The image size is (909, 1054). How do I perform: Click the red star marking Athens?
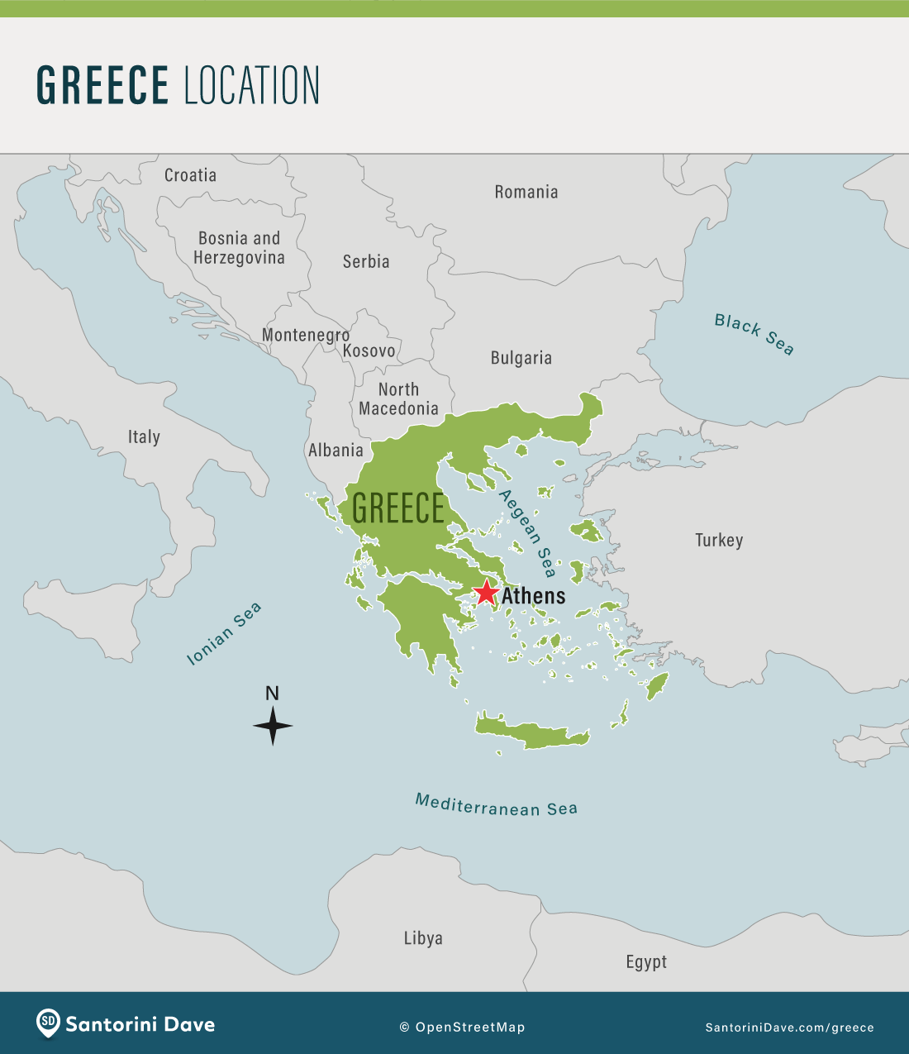(x=486, y=592)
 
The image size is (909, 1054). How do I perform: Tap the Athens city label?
(x=534, y=596)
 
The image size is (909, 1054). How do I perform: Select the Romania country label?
(x=526, y=192)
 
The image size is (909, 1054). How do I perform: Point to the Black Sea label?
(x=754, y=334)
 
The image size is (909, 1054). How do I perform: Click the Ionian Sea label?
(x=224, y=633)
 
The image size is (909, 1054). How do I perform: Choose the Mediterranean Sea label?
(x=496, y=805)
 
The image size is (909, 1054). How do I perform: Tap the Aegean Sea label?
(x=527, y=533)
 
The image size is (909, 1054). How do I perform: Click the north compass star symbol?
(x=273, y=726)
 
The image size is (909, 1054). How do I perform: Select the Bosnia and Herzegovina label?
(x=239, y=248)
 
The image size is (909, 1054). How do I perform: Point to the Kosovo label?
(x=369, y=351)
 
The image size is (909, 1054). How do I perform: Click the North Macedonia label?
(x=398, y=398)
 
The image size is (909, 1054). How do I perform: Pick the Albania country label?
(x=336, y=451)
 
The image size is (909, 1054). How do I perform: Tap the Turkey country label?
(x=719, y=540)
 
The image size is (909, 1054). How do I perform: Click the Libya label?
(x=423, y=938)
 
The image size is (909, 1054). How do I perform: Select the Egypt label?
(x=646, y=961)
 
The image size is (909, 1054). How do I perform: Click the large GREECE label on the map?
(x=398, y=508)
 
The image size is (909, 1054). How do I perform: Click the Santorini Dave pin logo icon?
(x=48, y=1023)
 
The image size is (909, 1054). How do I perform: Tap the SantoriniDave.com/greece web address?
(x=789, y=1028)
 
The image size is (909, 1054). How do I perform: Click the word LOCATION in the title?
(x=251, y=85)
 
